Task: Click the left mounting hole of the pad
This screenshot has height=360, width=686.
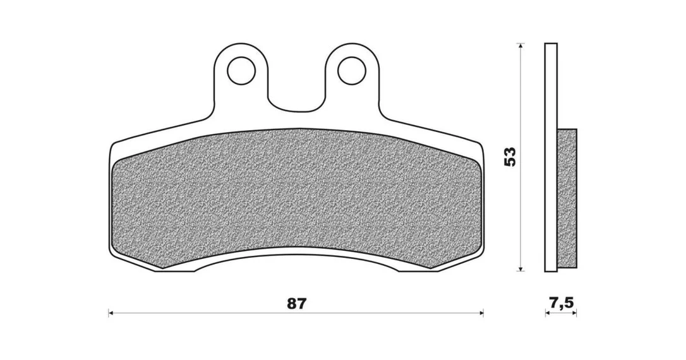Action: [x=241, y=70]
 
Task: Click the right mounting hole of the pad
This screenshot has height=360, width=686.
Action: [x=352, y=70]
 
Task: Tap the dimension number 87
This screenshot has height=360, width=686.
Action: [x=297, y=304]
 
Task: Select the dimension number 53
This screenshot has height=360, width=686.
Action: [x=510, y=157]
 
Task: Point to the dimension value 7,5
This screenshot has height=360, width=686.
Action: [x=560, y=303]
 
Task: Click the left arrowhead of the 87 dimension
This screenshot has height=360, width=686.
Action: [x=111, y=313]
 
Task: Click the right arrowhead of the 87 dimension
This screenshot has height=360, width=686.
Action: [x=480, y=313]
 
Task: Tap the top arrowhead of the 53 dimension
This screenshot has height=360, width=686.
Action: [x=521, y=45]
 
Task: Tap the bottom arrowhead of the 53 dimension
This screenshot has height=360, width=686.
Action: [x=521, y=268]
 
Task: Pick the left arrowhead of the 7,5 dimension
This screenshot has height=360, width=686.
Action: [x=548, y=313]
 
